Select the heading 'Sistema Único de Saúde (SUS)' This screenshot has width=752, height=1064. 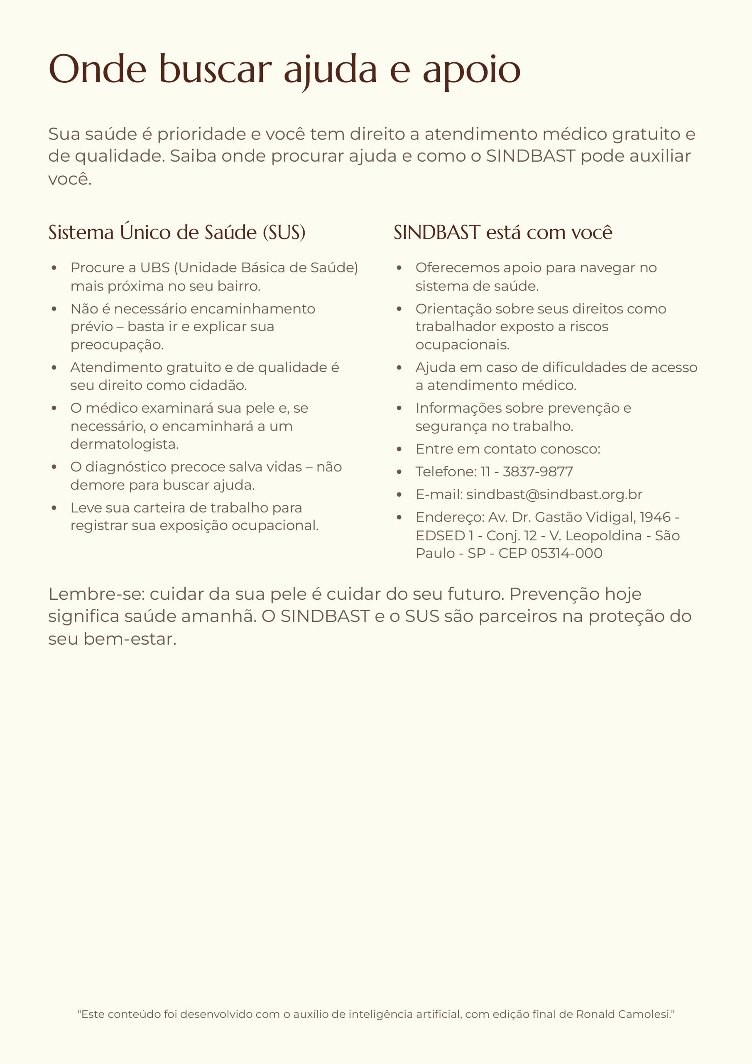tap(177, 232)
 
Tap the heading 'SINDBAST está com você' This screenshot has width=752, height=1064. tap(503, 232)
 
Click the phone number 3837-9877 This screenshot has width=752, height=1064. tap(538, 471)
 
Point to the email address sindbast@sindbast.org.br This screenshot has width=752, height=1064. tap(554, 495)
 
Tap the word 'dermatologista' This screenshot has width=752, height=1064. tap(124, 444)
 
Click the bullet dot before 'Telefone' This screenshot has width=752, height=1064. tap(399, 472)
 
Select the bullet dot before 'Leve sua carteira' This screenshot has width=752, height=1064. tap(54, 508)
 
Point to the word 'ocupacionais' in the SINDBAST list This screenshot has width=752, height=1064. tap(462, 345)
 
